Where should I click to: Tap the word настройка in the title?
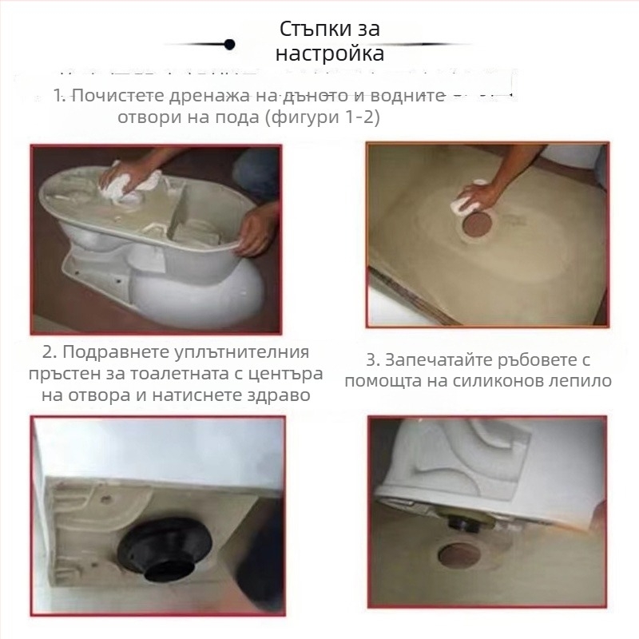pos(330,54)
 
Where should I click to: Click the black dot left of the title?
pos(229,44)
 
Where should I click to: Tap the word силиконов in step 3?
pos(510,381)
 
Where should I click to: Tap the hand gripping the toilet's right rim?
pos(258,227)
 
